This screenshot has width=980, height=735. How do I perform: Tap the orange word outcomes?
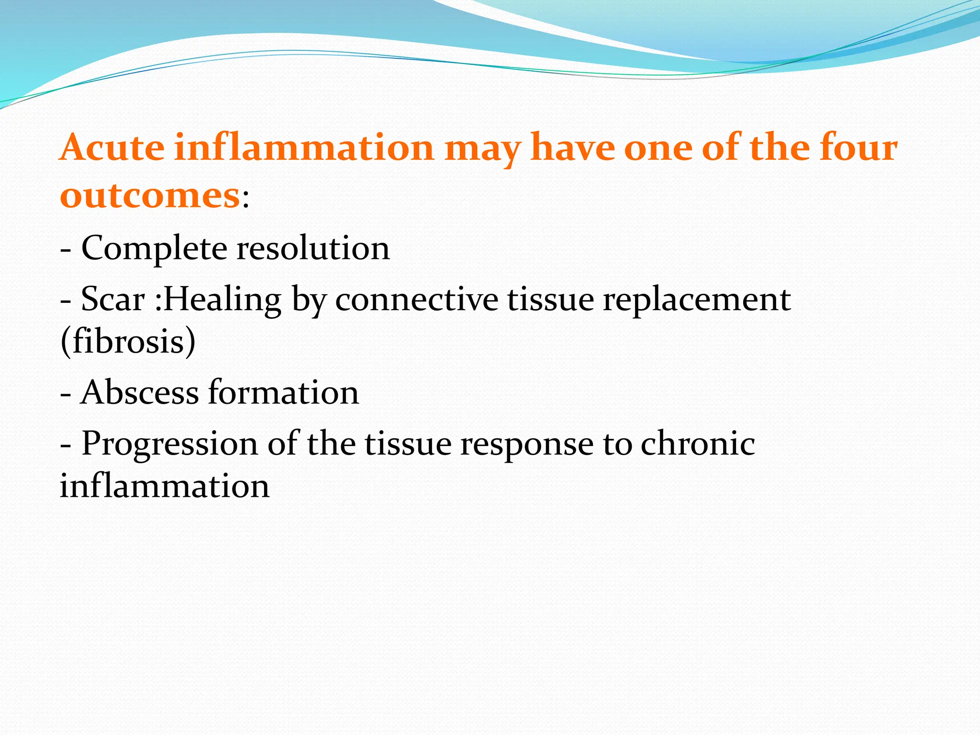coord(149,196)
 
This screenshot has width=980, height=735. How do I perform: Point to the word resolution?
coord(313,249)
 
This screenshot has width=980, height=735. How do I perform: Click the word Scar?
coord(112,300)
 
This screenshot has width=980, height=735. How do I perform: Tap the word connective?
coord(416,300)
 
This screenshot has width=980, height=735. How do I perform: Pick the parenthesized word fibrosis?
coord(128,342)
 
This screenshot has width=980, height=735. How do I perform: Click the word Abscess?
coord(139,392)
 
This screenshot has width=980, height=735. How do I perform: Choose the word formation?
coord(283,392)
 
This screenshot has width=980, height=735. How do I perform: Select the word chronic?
coord(698,443)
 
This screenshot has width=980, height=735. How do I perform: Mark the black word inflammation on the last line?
coord(165,486)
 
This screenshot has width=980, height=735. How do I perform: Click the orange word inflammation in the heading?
coord(304,147)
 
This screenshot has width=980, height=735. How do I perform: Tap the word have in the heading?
coord(572,147)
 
